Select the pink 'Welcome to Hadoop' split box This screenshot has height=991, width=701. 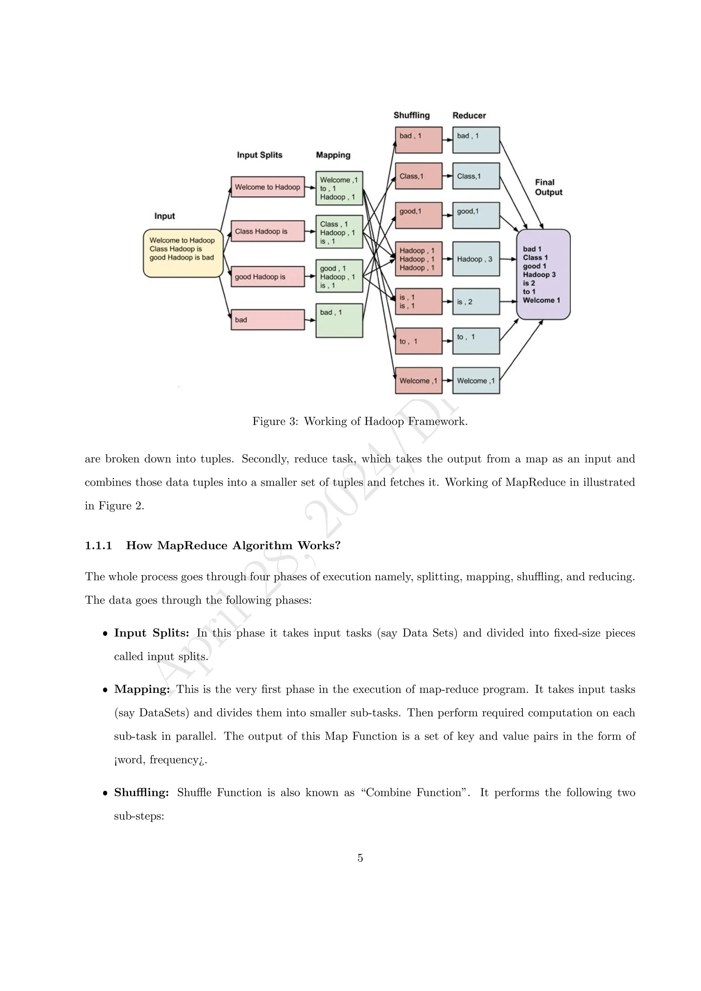(268, 187)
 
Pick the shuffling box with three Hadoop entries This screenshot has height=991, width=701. (418, 259)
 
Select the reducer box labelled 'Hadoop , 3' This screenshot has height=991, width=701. (476, 259)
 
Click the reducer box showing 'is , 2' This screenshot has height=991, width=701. (476, 301)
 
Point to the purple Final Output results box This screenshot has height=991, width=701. (543, 274)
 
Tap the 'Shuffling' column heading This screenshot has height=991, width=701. (411, 115)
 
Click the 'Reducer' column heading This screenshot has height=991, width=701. (469, 115)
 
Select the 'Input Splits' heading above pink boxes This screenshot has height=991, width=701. (259, 155)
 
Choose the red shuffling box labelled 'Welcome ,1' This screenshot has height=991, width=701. (418, 381)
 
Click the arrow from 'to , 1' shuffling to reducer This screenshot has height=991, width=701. (447, 341)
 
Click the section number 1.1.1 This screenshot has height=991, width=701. (99, 545)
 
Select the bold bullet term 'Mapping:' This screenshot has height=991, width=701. (142, 689)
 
